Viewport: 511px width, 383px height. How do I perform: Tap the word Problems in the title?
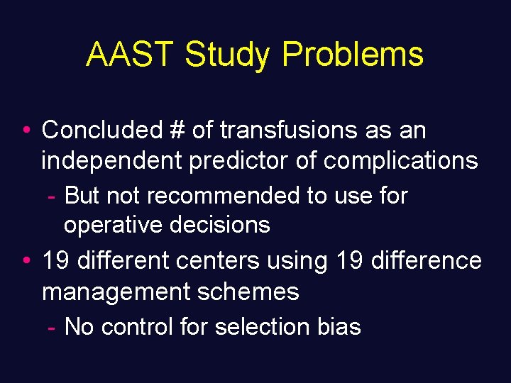point(353,55)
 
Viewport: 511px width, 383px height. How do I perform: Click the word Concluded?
point(103,131)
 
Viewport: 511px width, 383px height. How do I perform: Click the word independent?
point(111,161)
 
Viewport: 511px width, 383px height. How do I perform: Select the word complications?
point(400,161)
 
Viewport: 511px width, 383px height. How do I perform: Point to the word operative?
point(106,226)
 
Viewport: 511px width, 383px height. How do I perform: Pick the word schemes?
point(256,292)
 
